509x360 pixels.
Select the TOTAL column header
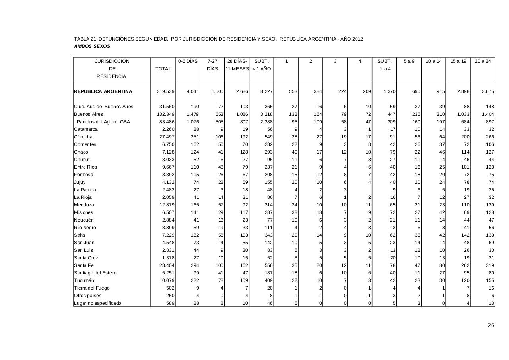(x=163, y=69)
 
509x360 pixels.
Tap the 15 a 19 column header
(x=458, y=61)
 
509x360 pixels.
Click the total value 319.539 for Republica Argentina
(x=166, y=91)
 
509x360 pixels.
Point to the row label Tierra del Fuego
(x=91, y=288)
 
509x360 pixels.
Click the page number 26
(x=491, y=325)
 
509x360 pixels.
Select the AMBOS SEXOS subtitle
(x=92, y=46)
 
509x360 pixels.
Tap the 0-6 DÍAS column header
(x=188, y=61)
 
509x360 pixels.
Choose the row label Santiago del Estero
(x=95, y=273)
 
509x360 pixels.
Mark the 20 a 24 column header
(x=483, y=61)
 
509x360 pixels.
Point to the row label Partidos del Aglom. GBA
(x=103, y=122)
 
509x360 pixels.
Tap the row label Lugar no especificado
(x=97, y=303)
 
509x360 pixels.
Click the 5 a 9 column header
(x=409, y=61)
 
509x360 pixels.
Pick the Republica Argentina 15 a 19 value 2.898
(x=462, y=91)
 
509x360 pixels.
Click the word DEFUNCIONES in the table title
(x=115, y=39)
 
